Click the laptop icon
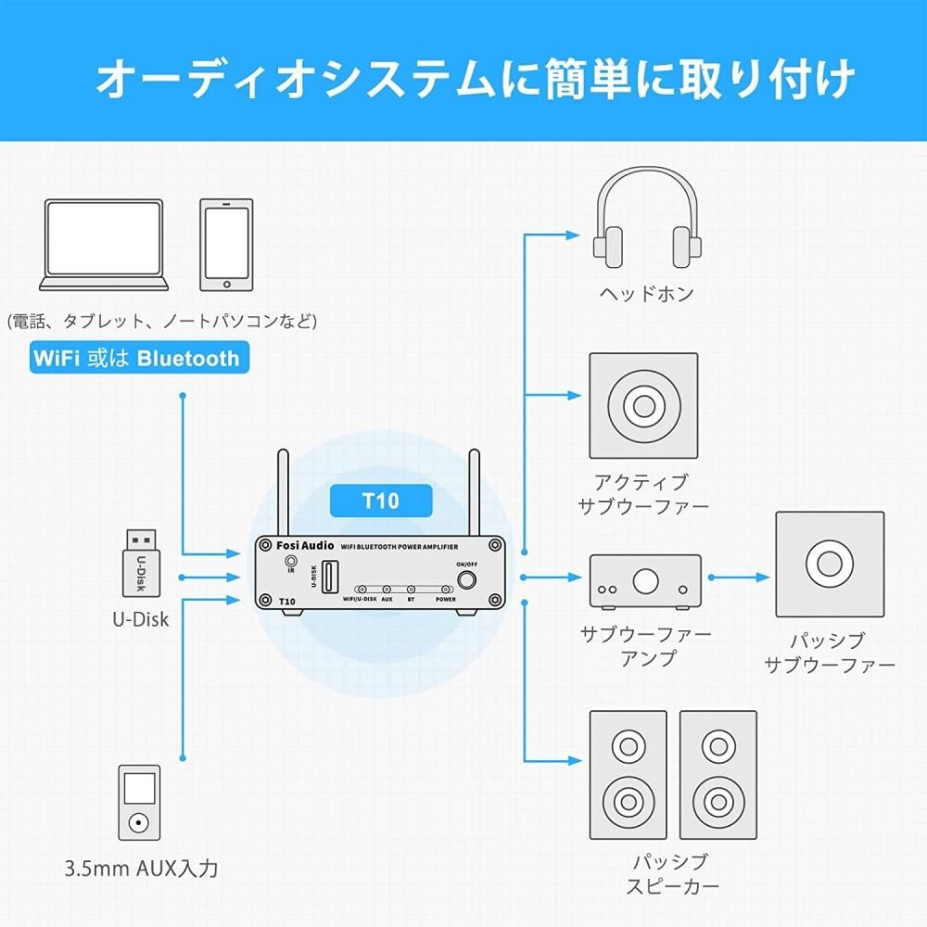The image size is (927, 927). [104, 245]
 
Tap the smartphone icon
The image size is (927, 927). [226, 245]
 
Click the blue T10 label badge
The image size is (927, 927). [381, 501]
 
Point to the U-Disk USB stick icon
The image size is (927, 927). [141, 563]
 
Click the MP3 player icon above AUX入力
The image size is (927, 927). [139, 802]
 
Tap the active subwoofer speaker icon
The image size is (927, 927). [643, 406]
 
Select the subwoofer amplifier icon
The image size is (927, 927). [645, 582]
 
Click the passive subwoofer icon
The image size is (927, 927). [830, 564]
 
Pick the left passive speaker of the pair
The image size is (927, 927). [628, 775]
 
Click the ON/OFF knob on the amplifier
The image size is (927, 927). [466, 580]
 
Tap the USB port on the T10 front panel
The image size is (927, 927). [329, 578]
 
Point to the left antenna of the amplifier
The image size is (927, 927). [283, 493]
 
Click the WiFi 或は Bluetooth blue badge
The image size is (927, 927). [140, 358]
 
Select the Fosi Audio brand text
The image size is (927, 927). [305, 546]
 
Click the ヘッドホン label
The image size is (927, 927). [647, 293]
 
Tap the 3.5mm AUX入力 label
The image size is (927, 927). [141, 869]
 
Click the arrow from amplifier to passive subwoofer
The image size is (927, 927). [740, 577]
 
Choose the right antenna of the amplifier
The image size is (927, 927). [474, 493]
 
